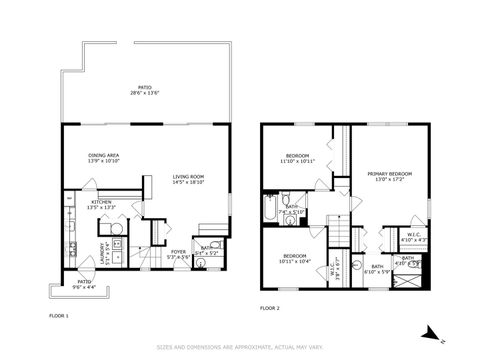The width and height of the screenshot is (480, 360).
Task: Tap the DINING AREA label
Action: (x=104, y=158)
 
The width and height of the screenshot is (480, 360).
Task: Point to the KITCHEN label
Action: (x=103, y=204)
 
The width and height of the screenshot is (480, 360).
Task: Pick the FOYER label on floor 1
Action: (x=177, y=254)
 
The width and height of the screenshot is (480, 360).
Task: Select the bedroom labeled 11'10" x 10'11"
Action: (x=297, y=158)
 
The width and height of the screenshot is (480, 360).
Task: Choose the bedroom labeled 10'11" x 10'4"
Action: (x=295, y=258)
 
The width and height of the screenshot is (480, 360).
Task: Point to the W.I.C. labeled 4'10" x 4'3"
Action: (x=413, y=238)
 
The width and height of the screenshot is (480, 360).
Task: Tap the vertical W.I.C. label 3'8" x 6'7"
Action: (x=338, y=264)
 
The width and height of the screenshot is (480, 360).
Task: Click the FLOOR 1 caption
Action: (x=59, y=316)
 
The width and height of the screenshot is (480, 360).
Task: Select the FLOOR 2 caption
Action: (x=270, y=308)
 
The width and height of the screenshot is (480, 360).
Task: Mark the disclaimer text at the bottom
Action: (x=240, y=348)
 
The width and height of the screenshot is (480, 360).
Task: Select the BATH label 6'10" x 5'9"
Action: (x=377, y=269)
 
